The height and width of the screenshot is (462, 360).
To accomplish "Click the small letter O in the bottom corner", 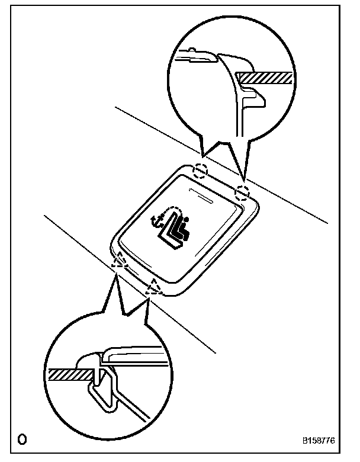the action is (22, 440).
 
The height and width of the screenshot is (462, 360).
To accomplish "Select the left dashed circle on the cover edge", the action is (201, 171).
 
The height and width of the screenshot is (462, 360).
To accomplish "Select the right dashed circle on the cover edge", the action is (243, 192).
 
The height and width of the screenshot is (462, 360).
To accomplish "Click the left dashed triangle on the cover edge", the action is (120, 260).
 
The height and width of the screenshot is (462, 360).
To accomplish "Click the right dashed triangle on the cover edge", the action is (155, 287).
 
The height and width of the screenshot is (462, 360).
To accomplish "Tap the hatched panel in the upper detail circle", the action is (263, 78).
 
